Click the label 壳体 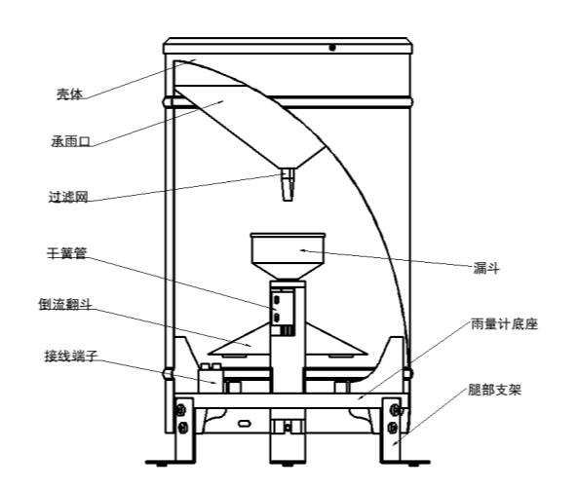click(x=69, y=94)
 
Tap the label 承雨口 click(x=71, y=141)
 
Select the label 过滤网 click(x=68, y=197)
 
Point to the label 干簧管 click(x=66, y=253)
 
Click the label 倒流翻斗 click(x=65, y=304)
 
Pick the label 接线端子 click(x=71, y=356)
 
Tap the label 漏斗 click(x=486, y=268)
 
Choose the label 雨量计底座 click(x=504, y=324)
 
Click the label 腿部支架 click(x=494, y=390)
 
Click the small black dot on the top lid click(x=332, y=48)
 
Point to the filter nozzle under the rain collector click(x=288, y=184)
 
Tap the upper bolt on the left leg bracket click(x=180, y=410)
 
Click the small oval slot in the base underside click(x=245, y=424)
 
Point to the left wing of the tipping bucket click(x=239, y=340)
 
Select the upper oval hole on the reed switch click(x=276, y=301)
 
